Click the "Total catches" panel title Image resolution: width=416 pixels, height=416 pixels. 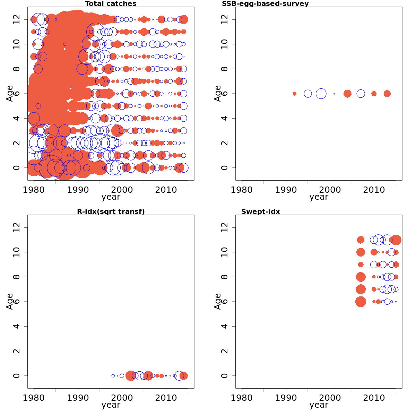[111, 4]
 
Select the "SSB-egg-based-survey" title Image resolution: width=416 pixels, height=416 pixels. [265, 4]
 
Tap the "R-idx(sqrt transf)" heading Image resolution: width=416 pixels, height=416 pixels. [111, 211]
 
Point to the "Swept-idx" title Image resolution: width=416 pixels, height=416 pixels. [260, 211]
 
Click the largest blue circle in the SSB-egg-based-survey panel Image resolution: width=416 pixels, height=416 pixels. [321, 94]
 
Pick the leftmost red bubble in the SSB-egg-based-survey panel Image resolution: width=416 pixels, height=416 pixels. [295, 94]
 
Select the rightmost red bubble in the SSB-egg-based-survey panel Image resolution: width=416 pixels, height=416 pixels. [387, 94]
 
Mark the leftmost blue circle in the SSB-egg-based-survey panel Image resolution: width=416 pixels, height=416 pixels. [308, 94]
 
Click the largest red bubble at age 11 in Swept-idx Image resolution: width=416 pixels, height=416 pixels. [396, 240]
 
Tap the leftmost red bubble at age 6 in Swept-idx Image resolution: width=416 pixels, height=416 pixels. [361, 302]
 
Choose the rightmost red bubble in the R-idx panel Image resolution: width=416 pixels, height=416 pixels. [183, 375]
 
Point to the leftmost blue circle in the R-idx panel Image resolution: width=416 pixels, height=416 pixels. [113, 375]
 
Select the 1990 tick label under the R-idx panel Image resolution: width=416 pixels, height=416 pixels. [78, 398]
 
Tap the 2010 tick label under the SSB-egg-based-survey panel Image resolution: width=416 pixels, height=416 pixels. [374, 190]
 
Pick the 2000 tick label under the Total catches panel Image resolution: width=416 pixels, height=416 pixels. [122, 190]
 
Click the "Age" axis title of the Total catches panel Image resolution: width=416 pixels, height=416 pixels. [10, 94]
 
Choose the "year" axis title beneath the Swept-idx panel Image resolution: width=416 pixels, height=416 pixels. [319, 405]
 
